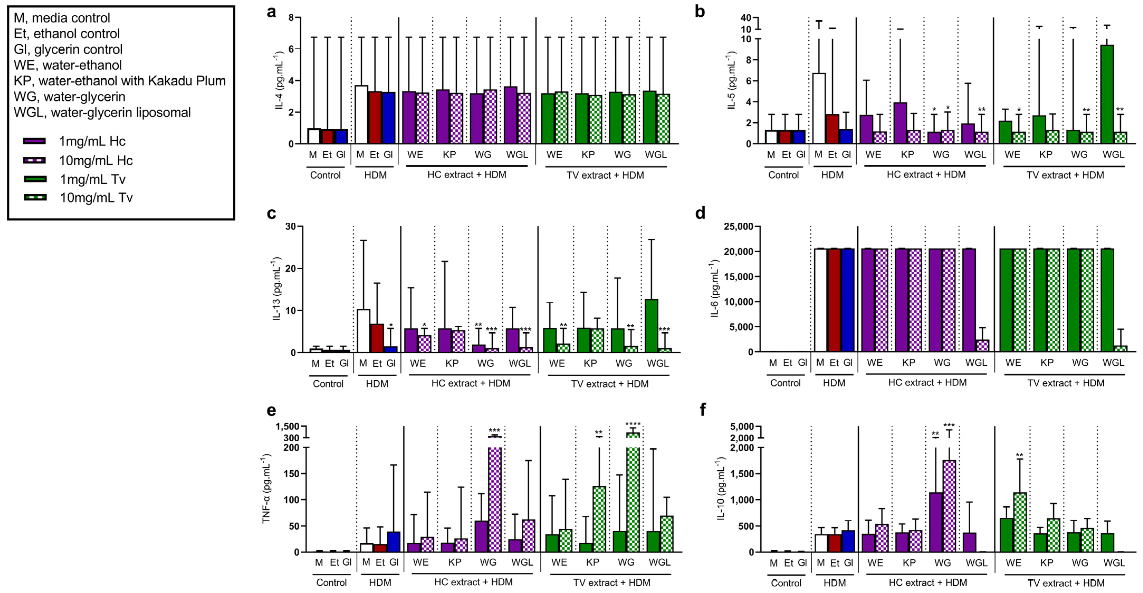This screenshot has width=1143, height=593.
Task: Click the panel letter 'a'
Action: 271,12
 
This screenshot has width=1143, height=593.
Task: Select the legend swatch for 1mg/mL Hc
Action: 34,141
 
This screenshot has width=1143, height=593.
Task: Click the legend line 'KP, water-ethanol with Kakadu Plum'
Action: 119,81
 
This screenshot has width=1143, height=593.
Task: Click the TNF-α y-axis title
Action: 266,488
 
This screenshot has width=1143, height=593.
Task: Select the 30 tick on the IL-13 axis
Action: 291,226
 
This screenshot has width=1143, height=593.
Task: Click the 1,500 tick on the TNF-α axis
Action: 287,427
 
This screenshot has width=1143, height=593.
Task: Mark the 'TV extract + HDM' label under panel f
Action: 1065,583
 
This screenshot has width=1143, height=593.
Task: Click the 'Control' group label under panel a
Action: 325,175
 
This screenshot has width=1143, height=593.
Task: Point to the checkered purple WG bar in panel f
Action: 949,506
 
